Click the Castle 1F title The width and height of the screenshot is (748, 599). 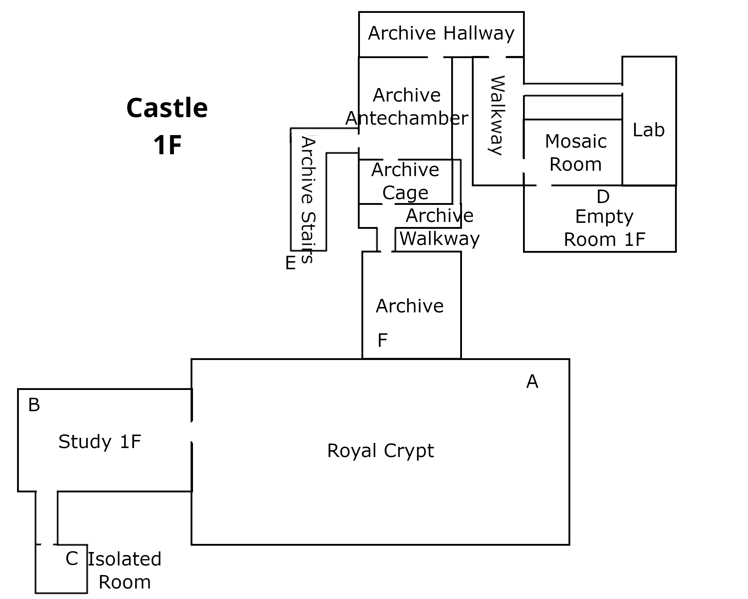click(167, 126)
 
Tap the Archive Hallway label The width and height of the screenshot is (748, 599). click(441, 34)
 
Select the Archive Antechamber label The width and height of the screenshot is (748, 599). click(407, 107)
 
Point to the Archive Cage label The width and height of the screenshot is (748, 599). click(405, 181)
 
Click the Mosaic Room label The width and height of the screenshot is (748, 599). click(576, 153)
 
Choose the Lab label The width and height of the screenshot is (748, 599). click(648, 130)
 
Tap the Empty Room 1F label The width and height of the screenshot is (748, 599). click(604, 228)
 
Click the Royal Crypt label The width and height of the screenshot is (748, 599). click(380, 451)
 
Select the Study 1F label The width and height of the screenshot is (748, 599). click(100, 442)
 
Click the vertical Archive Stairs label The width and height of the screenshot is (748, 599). click(308, 200)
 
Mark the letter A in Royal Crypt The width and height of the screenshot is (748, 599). click(532, 382)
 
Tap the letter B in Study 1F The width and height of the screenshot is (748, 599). click(34, 405)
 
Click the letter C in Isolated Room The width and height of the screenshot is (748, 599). click(72, 559)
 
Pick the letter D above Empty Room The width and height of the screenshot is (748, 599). click(603, 197)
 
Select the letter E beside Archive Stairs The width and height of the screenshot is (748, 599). click(291, 263)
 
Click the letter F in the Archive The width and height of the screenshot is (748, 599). click(382, 340)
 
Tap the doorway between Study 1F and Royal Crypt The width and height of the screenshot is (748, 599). click(191, 432)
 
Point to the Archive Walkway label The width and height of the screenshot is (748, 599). click(439, 227)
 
